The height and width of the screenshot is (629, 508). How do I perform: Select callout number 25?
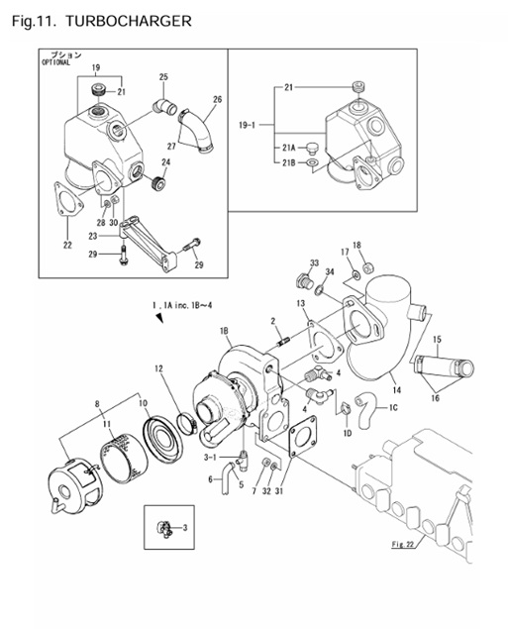163,77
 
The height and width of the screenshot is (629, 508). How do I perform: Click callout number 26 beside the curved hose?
218,100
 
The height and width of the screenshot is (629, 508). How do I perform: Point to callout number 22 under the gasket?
66,246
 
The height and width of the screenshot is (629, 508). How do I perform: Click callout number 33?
314,263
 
